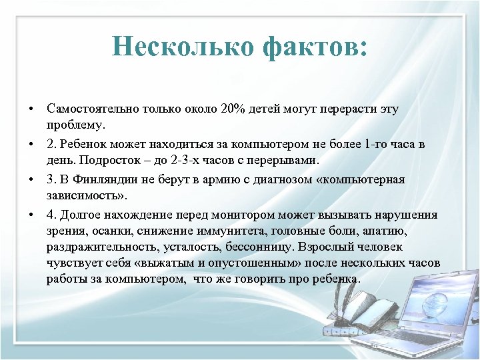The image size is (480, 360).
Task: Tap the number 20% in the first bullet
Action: tap(228, 108)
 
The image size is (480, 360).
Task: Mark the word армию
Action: tap(227, 179)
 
